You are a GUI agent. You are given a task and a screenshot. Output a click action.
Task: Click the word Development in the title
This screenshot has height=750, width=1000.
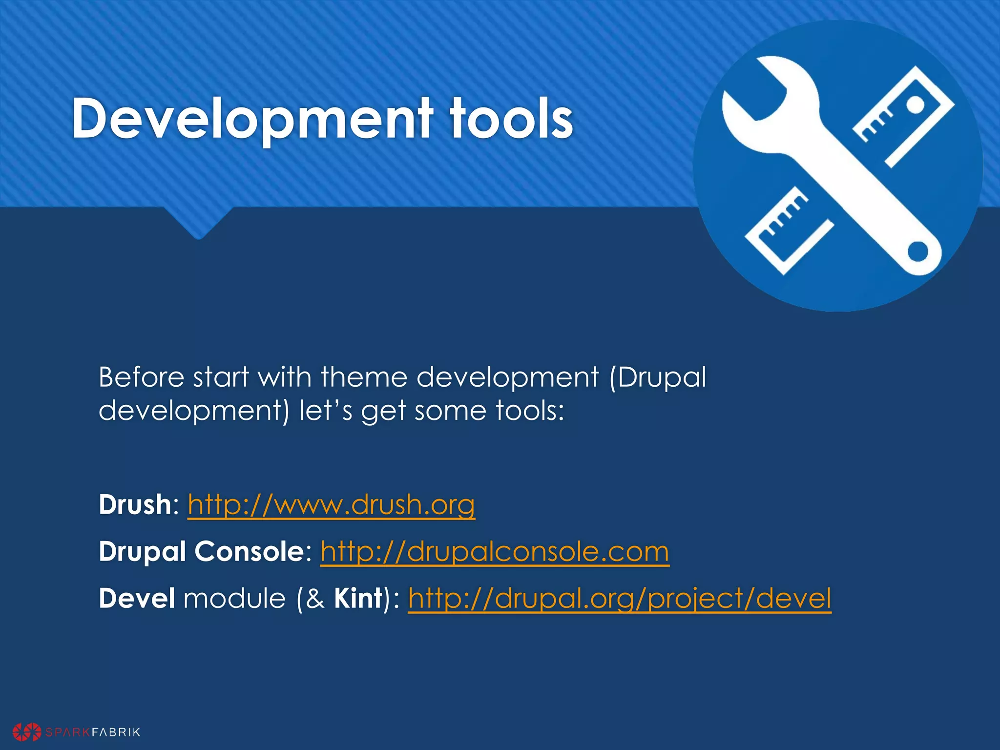coord(251,118)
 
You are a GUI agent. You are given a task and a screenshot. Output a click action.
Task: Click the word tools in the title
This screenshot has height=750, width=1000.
coord(511,118)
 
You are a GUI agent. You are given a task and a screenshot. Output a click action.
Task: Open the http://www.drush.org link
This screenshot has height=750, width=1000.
coord(331,504)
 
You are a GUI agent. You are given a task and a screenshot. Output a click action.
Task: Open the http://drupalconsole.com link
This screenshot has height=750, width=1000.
coord(495,552)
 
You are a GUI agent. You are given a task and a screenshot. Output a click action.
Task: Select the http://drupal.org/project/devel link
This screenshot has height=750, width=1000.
coord(619,599)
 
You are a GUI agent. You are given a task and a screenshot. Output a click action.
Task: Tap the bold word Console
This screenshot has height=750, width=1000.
coord(250,552)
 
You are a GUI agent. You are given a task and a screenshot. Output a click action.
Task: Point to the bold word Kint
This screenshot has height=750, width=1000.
coord(358,599)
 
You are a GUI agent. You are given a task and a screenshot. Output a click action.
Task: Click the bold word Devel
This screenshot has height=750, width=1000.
coord(137,599)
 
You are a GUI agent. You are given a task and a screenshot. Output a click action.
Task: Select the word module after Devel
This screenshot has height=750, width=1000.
coord(234,599)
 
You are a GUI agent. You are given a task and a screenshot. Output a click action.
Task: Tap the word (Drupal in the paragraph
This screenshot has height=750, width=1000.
coord(658,377)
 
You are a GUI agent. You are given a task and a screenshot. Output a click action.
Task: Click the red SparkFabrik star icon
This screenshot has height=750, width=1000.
coord(27,731)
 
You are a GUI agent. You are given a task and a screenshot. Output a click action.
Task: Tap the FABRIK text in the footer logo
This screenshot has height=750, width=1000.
coord(116,732)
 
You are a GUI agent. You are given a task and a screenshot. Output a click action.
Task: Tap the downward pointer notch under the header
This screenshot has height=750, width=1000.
coord(199,227)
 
